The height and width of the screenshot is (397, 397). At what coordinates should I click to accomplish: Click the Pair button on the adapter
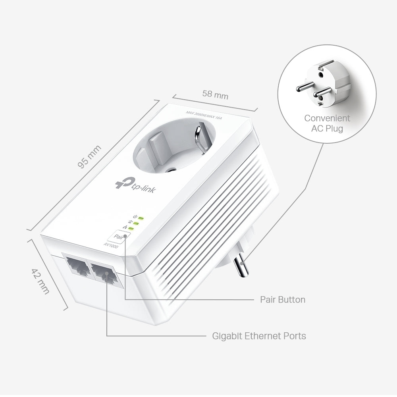[x=119, y=236]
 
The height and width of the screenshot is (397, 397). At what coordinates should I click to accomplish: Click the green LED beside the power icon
[x=141, y=218]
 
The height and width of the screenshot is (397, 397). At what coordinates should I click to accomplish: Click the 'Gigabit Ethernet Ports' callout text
[x=259, y=336]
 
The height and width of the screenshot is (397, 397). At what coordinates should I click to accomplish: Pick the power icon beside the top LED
[x=136, y=216]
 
